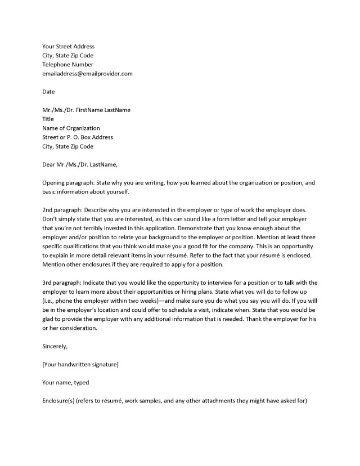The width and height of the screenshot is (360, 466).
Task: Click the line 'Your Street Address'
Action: click(68, 47)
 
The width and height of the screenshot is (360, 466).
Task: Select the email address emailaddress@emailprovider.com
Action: click(87, 74)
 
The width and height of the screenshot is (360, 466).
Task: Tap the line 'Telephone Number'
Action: click(67, 65)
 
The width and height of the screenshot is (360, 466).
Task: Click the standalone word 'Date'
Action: click(48, 92)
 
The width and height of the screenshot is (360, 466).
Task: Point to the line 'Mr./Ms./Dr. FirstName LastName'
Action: click(86, 110)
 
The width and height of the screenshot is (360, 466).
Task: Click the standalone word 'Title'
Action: click(48, 119)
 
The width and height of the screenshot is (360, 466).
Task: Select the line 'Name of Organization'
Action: click(71, 128)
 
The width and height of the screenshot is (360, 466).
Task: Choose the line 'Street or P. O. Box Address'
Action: click(78, 137)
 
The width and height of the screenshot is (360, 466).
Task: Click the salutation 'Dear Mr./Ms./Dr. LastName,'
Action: click(80, 165)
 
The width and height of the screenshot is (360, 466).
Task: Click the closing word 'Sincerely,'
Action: click(55, 347)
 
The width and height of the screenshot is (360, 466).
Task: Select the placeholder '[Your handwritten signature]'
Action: click(80, 365)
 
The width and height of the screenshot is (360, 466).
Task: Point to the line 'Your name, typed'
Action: click(65, 383)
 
